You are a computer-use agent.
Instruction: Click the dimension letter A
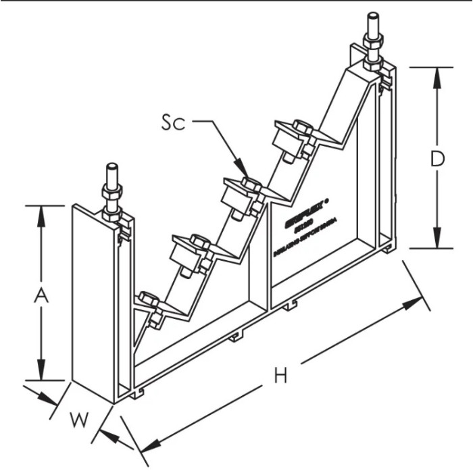point(43,295)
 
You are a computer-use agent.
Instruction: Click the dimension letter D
point(437,159)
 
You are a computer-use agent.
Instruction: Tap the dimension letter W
point(80,420)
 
